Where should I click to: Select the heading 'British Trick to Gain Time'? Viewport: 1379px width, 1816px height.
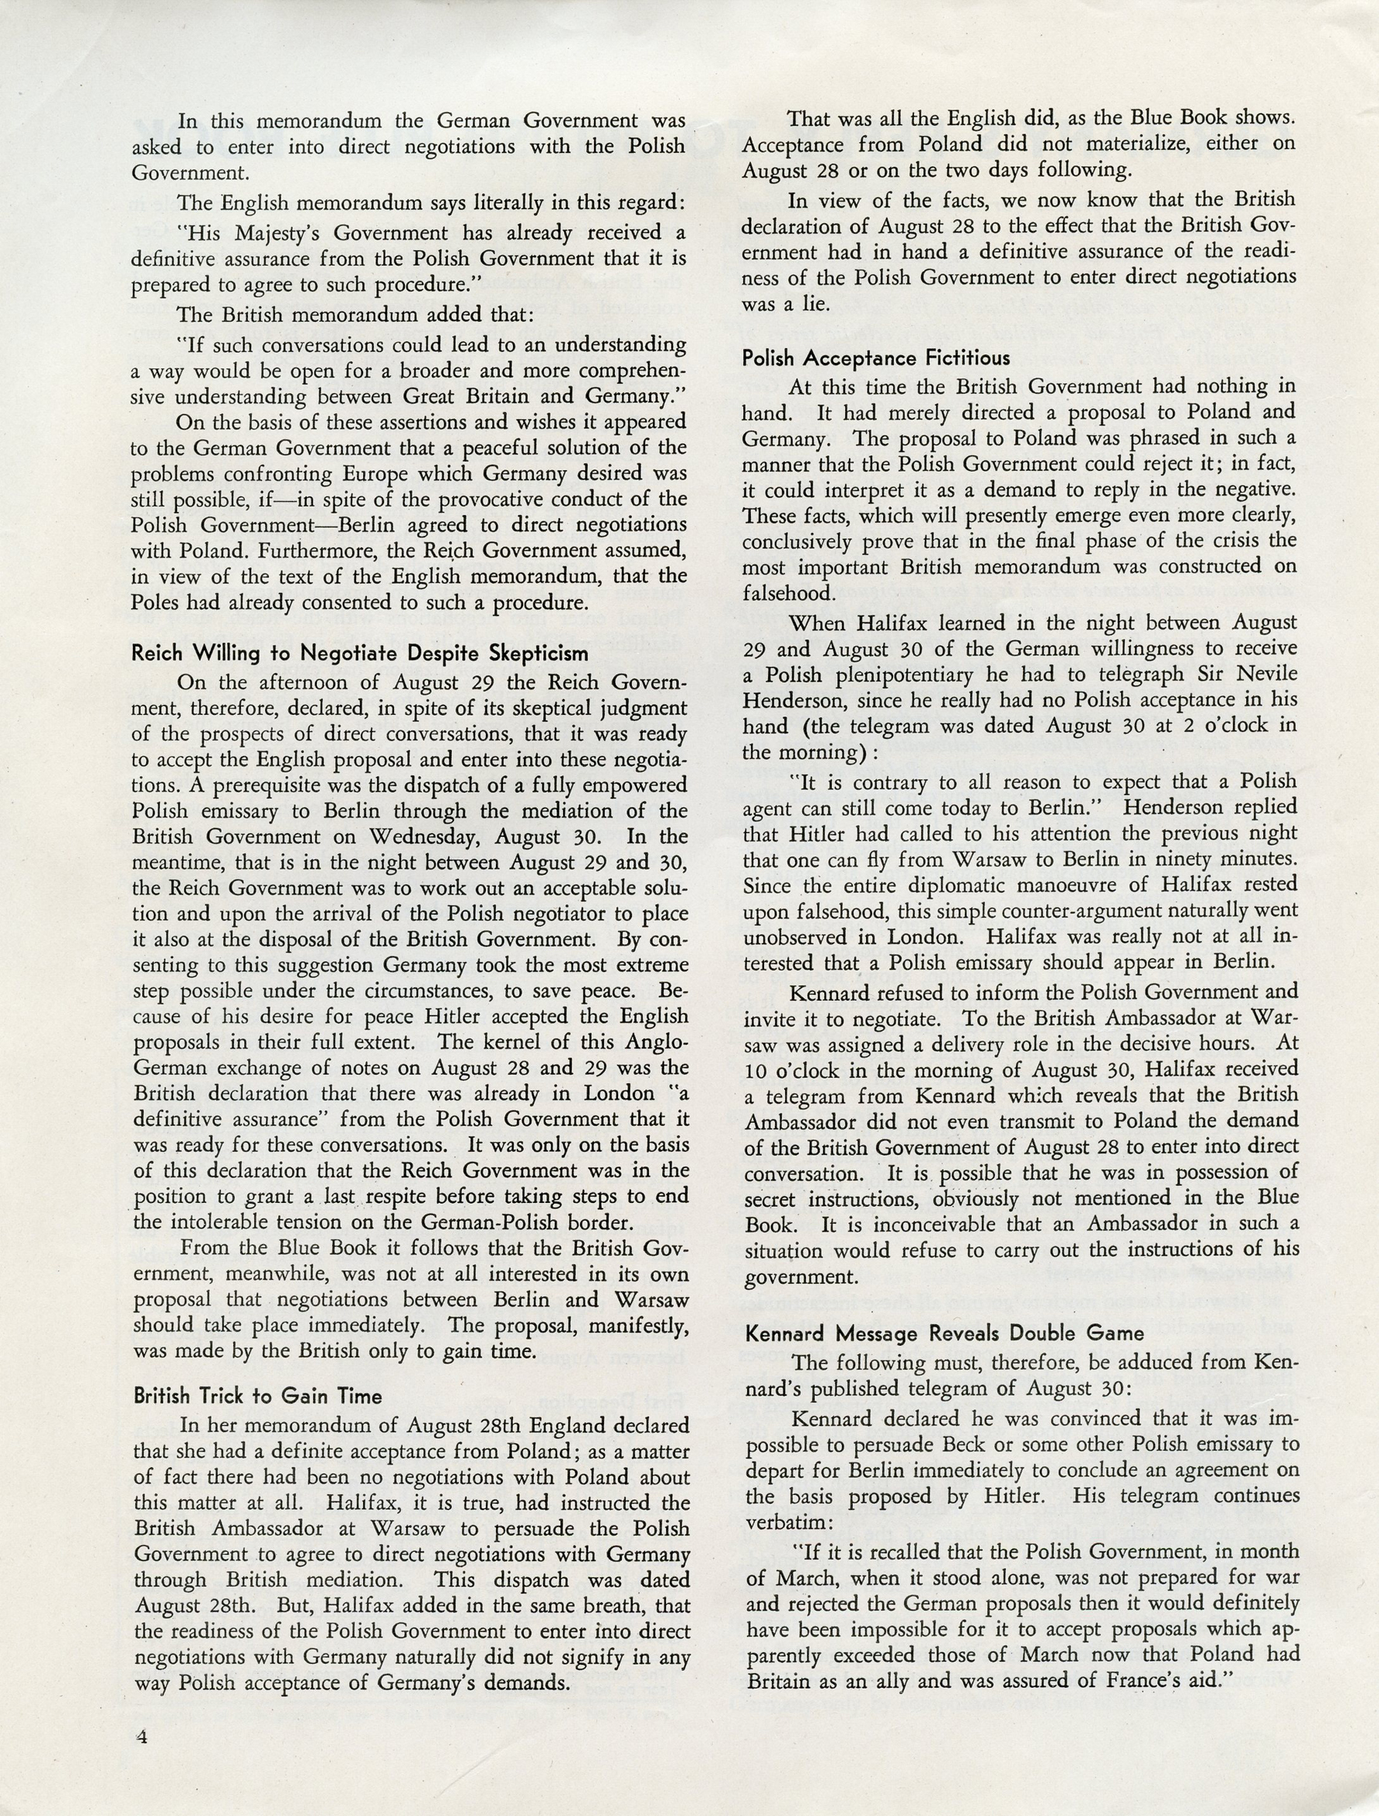(258, 1396)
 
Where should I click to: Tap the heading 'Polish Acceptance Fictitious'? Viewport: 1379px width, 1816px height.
(876, 358)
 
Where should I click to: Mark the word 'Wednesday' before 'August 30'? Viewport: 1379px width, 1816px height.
(436, 836)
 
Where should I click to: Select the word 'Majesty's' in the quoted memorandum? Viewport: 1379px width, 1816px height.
(225, 234)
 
